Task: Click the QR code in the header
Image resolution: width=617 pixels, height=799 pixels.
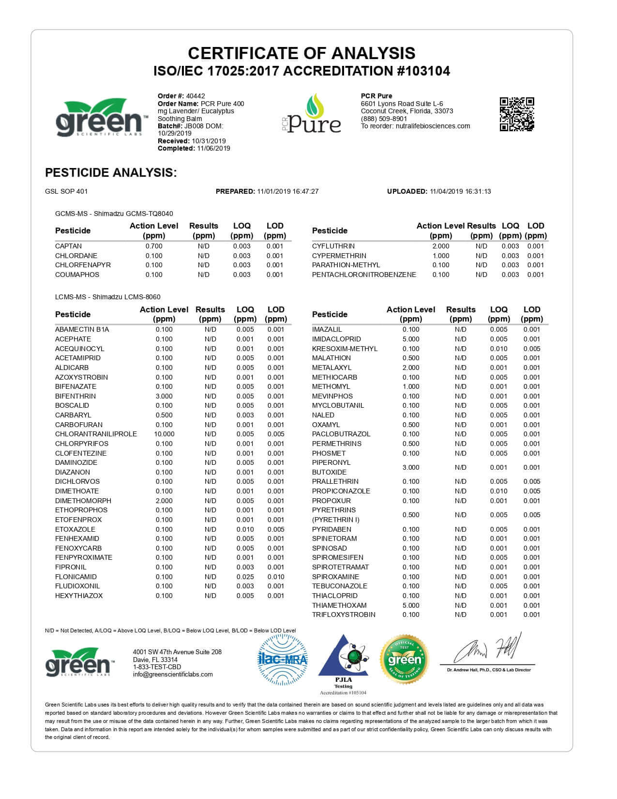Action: [517, 114]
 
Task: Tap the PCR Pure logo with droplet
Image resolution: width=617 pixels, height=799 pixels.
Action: [313, 114]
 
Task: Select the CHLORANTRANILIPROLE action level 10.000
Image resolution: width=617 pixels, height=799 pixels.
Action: [164, 434]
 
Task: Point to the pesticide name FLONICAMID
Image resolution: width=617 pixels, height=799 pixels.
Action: [76, 577]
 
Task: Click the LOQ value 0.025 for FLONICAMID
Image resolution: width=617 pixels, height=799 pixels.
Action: [245, 577]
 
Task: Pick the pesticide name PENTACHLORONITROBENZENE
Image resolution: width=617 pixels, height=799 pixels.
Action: [364, 275]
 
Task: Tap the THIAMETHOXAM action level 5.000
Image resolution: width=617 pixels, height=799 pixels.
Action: [411, 605]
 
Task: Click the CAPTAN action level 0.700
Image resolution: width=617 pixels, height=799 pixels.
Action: [154, 246]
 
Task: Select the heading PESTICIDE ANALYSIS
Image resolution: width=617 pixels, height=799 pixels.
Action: [111, 173]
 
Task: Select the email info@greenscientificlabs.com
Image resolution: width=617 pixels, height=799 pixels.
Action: [173, 674]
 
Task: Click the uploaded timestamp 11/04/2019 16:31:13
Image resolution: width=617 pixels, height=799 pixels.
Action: [460, 191]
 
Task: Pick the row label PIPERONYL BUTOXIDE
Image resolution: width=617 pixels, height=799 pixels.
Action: [331, 467]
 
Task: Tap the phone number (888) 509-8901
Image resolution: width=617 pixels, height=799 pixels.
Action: [384, 119]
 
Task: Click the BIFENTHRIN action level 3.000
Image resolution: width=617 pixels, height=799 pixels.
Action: [164, 396]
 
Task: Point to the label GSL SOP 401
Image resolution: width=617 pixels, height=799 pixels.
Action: [66, 191]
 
